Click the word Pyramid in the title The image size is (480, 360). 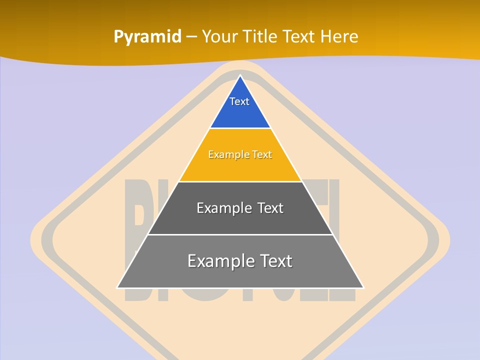(147, 37)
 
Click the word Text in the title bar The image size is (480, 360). (298, 36)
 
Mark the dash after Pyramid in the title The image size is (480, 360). (191, 37)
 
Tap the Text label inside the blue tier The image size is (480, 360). (239, 101)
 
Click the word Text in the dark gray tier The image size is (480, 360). (270, 208)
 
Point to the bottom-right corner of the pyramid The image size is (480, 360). (363, 287)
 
